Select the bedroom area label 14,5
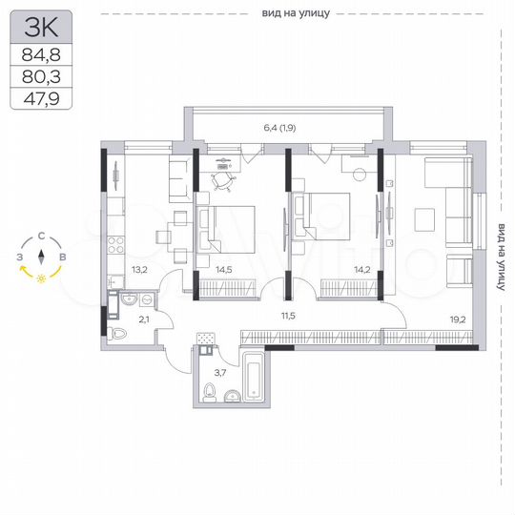[x=222, y=270]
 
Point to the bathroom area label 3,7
[x=218, y=371]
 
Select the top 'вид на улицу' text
[x=295, y=13]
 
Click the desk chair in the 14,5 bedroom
[x=223, y=179]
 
